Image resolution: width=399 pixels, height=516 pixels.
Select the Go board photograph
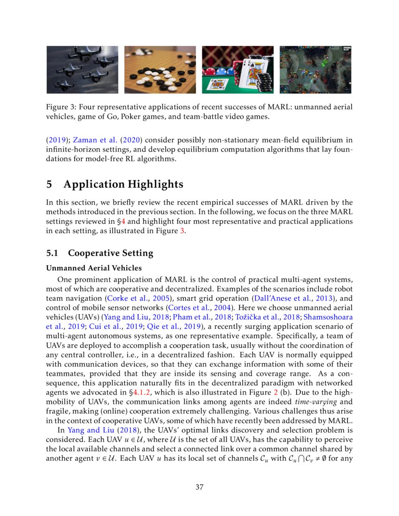pos(160,69)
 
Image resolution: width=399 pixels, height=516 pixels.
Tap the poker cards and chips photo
pos(238,69)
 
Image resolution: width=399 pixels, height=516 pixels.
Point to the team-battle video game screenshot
pos(315,69)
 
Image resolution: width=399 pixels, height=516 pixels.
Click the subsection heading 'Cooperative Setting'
pos(111,253)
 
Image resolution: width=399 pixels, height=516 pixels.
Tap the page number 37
pos(199,487)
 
